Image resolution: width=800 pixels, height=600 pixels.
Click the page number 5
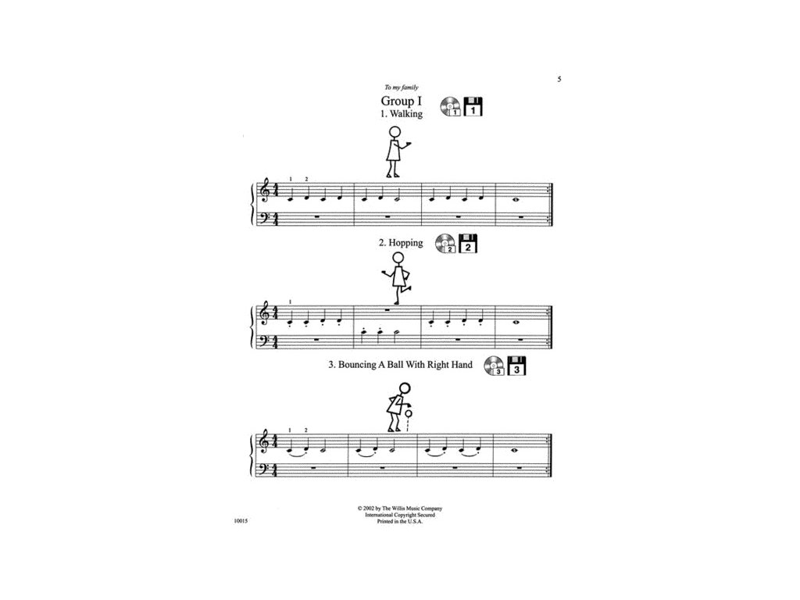(x=559, y=79)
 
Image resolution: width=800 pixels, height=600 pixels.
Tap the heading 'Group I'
(x=400, y=102)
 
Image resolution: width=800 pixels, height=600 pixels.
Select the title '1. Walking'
(x=401, y=114)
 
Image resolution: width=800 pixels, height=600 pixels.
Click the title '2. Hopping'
(x=401, y=243)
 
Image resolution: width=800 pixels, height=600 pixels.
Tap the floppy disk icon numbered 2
(x=466, y=245)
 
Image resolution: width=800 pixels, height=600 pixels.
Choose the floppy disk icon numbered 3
(x=516, y=366)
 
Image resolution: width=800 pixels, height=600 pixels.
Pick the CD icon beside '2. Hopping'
(x=445, y=245)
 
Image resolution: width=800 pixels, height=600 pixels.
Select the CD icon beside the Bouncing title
(x=494, y=366)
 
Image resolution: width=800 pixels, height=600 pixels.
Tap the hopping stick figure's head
(x=398, y=258)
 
